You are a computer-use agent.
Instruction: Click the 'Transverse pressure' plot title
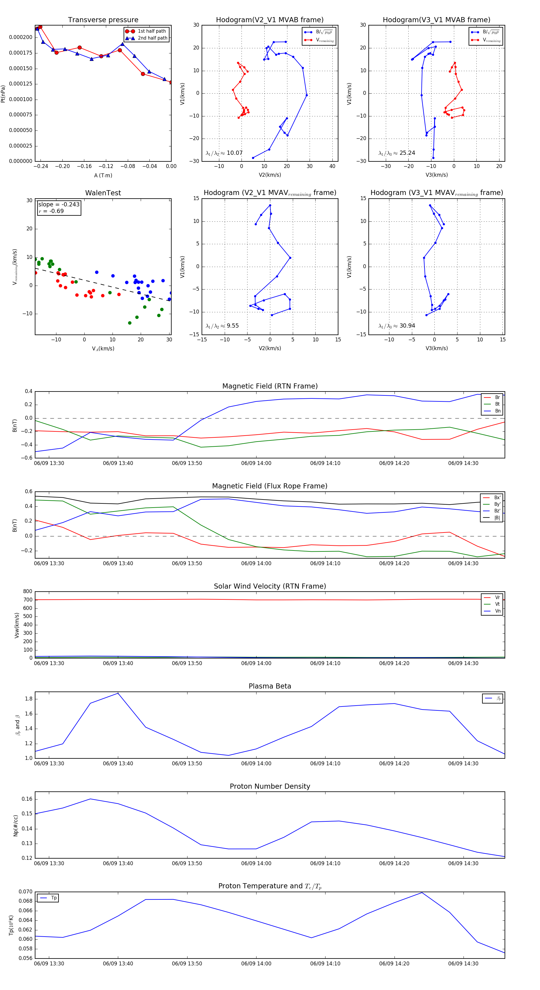[103, 20]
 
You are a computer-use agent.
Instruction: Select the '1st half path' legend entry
[151, 31]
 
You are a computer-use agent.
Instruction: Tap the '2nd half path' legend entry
[152, 38]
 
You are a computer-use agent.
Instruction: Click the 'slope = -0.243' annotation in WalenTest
[59, 205]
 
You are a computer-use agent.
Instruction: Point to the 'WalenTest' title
[103, 193]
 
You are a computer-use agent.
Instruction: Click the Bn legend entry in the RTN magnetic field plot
[497, 411]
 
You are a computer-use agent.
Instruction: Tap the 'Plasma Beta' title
[270, 686]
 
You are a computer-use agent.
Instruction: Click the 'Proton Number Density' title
[270, 786]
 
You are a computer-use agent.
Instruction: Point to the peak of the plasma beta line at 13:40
[118, 693]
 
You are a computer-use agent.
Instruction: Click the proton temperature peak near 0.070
[422, 892]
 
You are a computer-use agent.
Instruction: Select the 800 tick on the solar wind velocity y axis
[28, 592]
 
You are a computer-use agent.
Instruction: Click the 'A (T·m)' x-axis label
[103, 175]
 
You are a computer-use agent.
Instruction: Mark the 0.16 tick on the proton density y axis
[27, 799]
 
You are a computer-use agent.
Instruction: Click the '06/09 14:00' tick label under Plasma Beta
[256, 763]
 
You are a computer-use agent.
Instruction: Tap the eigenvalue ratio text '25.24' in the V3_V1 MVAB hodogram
[407, 153]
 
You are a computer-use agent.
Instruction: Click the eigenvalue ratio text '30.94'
[407, 326]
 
